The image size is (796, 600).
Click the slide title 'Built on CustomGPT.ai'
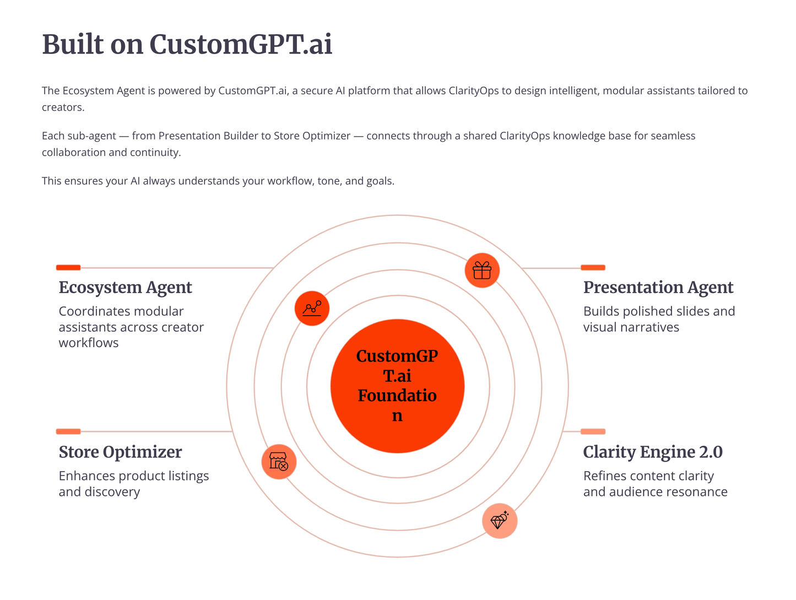pyautogui.click(x=187, y=45)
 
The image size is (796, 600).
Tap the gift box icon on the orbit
pyautogui.click(x=482, y=271)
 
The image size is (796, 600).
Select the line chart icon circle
pyautogui.click(x=312, y=308)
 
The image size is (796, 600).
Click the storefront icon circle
pyautogui.click(x=279, y=462)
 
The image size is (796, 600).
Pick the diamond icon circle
pyautogui.click(x=499, y=521)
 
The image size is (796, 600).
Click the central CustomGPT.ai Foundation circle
pyautogui.click(x=397, y=386)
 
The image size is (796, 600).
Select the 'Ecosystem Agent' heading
pyautogui.click(x=125, y=288)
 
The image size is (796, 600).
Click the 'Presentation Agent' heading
pyautogui.click(x=658, y=288)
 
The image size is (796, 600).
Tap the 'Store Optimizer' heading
pyautogui.click(x=120, y=452)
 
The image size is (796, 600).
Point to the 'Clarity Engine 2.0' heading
pyautogui.click(x=653, y=452)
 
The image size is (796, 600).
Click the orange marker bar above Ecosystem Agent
pyautogui.click(x=68, y=268)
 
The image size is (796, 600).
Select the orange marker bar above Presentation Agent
pyautogui.click(x=593, y=268)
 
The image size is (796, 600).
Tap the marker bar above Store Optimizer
pyautogui.click(x=68, y=431)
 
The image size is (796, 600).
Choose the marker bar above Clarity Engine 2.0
pyautogui.click(x=593, y=431)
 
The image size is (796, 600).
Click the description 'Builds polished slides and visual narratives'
pyautogui.click(x=659, y=319)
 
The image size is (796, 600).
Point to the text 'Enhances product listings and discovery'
pyautogui.click(x=133, y=484)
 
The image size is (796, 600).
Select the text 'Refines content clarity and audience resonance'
pyautogui.click(x=655, y=484)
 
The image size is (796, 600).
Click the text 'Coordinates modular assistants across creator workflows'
pyautogui.click(x=131, y=327)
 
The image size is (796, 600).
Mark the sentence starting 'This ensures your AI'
pyautogui.click(x=218, y=181)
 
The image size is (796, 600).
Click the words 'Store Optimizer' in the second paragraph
pyautogui.click(x=312, y=136)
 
